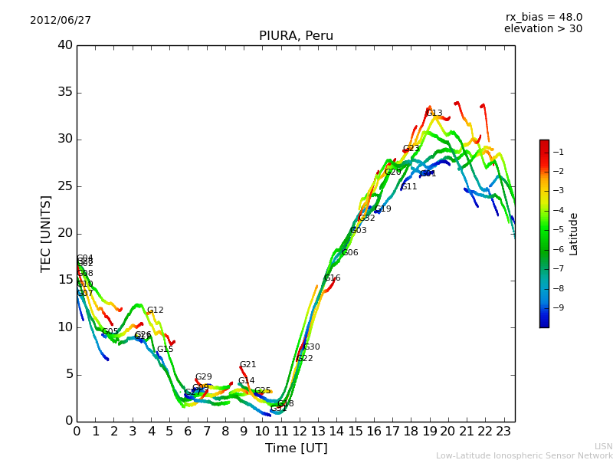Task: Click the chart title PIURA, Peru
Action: click(296, 36)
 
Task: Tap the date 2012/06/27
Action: click(61, 20)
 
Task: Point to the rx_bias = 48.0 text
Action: click(543, 17)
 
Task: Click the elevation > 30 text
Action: click(543, 29)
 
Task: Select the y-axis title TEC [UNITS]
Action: click(46, 233)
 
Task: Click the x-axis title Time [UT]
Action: click(296, 449)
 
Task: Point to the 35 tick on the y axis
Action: click(65, 93)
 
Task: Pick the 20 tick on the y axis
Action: click(65, 233)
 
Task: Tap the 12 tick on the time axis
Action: click(300, 432)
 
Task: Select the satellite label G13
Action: click(434, 113)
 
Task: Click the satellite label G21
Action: click(247, 365)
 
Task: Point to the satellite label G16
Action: click(333, 278)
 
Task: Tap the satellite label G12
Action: click(155, 310)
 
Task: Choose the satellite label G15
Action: click(165, 350)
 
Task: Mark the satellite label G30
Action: click(312, 347)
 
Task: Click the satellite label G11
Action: click(409, 187)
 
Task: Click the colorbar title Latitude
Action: click(574, 233)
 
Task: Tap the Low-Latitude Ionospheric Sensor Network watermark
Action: click(524, 456)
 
